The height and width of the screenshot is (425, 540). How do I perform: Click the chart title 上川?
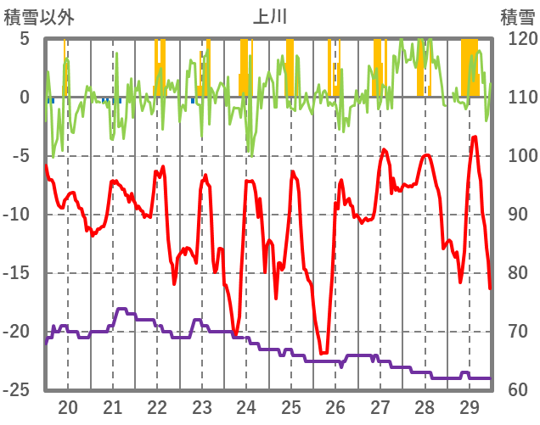click(270, 16)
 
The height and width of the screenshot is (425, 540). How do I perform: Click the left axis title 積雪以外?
click(39, 16)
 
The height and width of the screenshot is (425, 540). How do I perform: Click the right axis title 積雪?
click(517, 16)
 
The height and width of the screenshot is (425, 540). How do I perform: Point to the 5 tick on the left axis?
click(24, 39)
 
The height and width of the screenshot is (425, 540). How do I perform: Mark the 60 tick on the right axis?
click(512, 390)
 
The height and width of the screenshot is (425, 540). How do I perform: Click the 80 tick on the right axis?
click(512, 273)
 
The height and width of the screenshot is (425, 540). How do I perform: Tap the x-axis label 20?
click(68, 407)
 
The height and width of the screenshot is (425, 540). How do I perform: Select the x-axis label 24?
click(246, 407)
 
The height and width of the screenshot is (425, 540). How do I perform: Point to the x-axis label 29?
click(469, 407)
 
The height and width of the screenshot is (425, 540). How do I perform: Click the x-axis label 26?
click(335, 407)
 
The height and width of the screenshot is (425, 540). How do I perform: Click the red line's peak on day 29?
click(475, 137)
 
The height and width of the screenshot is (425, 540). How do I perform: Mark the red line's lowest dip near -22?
click(323, 353)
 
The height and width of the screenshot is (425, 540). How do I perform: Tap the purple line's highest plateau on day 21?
click(121, 309)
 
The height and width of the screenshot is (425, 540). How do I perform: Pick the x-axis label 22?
click(157, 407)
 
